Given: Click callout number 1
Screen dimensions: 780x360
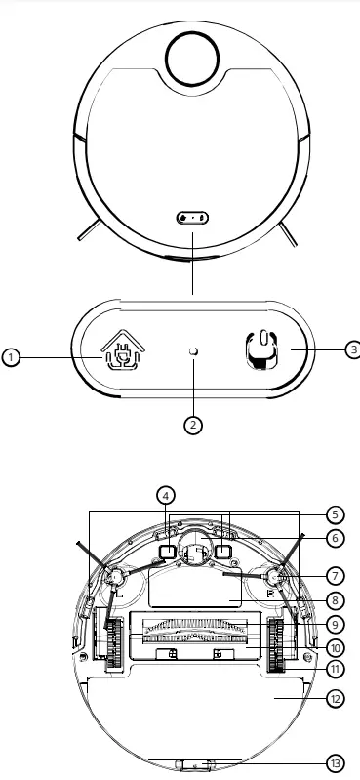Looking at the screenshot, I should pos(10,358).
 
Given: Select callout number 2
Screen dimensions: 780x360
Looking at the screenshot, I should pos(193,425).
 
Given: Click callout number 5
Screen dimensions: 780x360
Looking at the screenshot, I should pos(335,513).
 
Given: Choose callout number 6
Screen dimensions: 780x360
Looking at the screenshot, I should pos(335,538).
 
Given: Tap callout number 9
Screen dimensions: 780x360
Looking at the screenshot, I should pos(335,624).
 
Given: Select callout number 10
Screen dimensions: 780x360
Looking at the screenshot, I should pos(335,645).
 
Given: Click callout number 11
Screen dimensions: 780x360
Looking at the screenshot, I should pos(335,669).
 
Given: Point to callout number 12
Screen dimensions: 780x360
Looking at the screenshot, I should pos(335,698).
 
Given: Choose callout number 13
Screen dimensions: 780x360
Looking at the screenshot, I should pos(335,763).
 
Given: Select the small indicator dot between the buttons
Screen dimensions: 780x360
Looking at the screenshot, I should pos(193,351).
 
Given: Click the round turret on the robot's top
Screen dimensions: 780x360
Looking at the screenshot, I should pos(193,57).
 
